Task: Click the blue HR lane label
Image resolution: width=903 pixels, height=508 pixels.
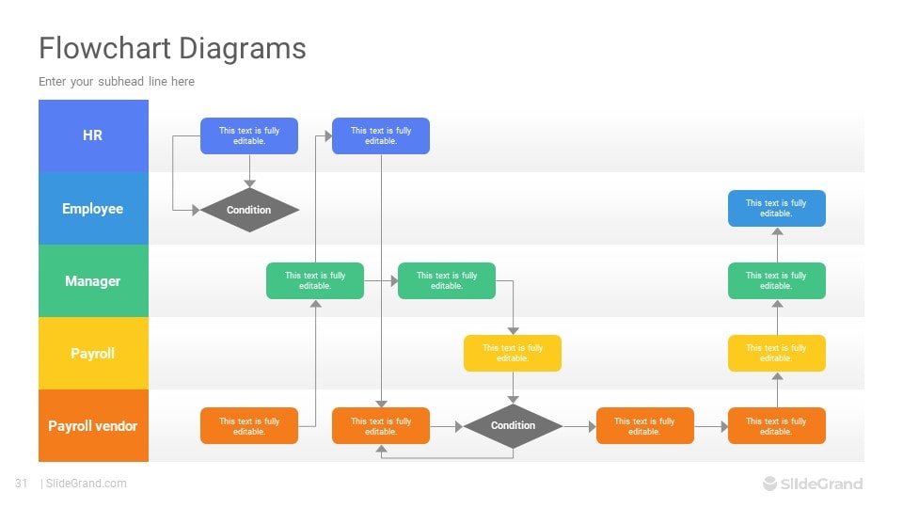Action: [93, 135]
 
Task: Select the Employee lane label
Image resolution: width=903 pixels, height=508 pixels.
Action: [93, 209]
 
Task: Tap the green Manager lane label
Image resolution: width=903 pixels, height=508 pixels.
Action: [93, 281]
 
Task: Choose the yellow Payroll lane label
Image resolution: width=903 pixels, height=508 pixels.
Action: [93, 354]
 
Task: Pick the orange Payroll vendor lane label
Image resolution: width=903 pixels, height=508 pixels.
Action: [93, 426]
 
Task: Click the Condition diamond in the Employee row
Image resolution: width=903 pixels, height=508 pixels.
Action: [249, 210]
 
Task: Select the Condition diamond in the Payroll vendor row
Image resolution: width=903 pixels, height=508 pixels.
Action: [513, 425]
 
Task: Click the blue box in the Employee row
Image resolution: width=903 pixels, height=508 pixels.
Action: [776, 208]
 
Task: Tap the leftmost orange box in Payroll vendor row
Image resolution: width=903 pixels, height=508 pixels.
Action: [249, 426]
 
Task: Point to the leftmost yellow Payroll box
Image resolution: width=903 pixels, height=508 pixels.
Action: [513, 353]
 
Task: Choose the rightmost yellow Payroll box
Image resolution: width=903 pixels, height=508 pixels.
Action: [776, 353]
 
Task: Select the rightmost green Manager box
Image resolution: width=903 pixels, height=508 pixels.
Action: [776, 280]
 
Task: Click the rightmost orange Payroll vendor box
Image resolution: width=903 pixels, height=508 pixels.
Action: [776, 426]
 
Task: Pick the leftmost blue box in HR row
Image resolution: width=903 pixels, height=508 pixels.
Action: [249, 135]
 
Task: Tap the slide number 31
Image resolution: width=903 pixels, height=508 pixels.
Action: [21, 484]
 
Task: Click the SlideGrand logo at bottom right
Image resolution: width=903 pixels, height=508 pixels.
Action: [812, 484]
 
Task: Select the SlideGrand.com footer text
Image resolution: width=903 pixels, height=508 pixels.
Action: [86, 484]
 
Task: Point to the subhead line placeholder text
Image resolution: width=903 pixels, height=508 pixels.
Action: [117, 82]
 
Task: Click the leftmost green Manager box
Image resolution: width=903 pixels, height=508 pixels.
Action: [315, 280]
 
